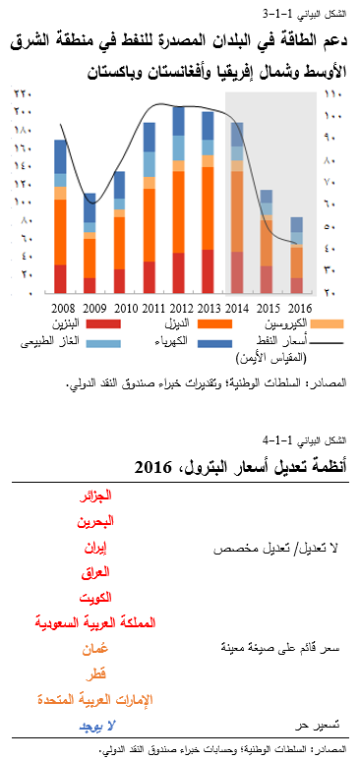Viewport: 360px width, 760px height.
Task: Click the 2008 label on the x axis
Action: tap(61, 308)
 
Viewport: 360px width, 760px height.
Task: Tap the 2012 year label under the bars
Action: tap(179, 308)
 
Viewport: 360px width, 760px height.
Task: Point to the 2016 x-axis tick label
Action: tap(297, 308)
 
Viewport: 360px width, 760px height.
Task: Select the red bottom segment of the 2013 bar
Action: tap(209, 271)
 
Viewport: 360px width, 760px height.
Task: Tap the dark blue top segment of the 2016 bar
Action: tap(297, 224)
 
